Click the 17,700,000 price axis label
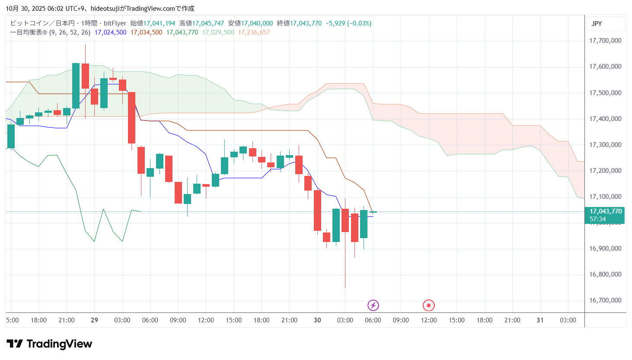click(605, 41)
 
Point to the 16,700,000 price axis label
click(605, 300)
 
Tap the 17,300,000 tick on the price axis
click(605, 145)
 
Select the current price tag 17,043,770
click(606, 211)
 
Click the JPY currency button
click(597, 24)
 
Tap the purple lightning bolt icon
click(373, 306)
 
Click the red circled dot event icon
click(428, 306)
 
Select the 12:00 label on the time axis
click(429, 320)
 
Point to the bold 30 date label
click(317, 320)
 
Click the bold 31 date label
click(540, 320)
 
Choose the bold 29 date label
click(94, 320)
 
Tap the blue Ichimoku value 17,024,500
click(110, 32)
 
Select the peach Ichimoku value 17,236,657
click(254, 32)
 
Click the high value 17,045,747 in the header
click(208, 23)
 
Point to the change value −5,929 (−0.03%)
click(348, 23)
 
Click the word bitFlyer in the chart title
click(115, 23)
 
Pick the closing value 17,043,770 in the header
click(306, 23)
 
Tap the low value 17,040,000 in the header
click(257, 23)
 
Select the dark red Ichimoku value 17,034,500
click(146, 32)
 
